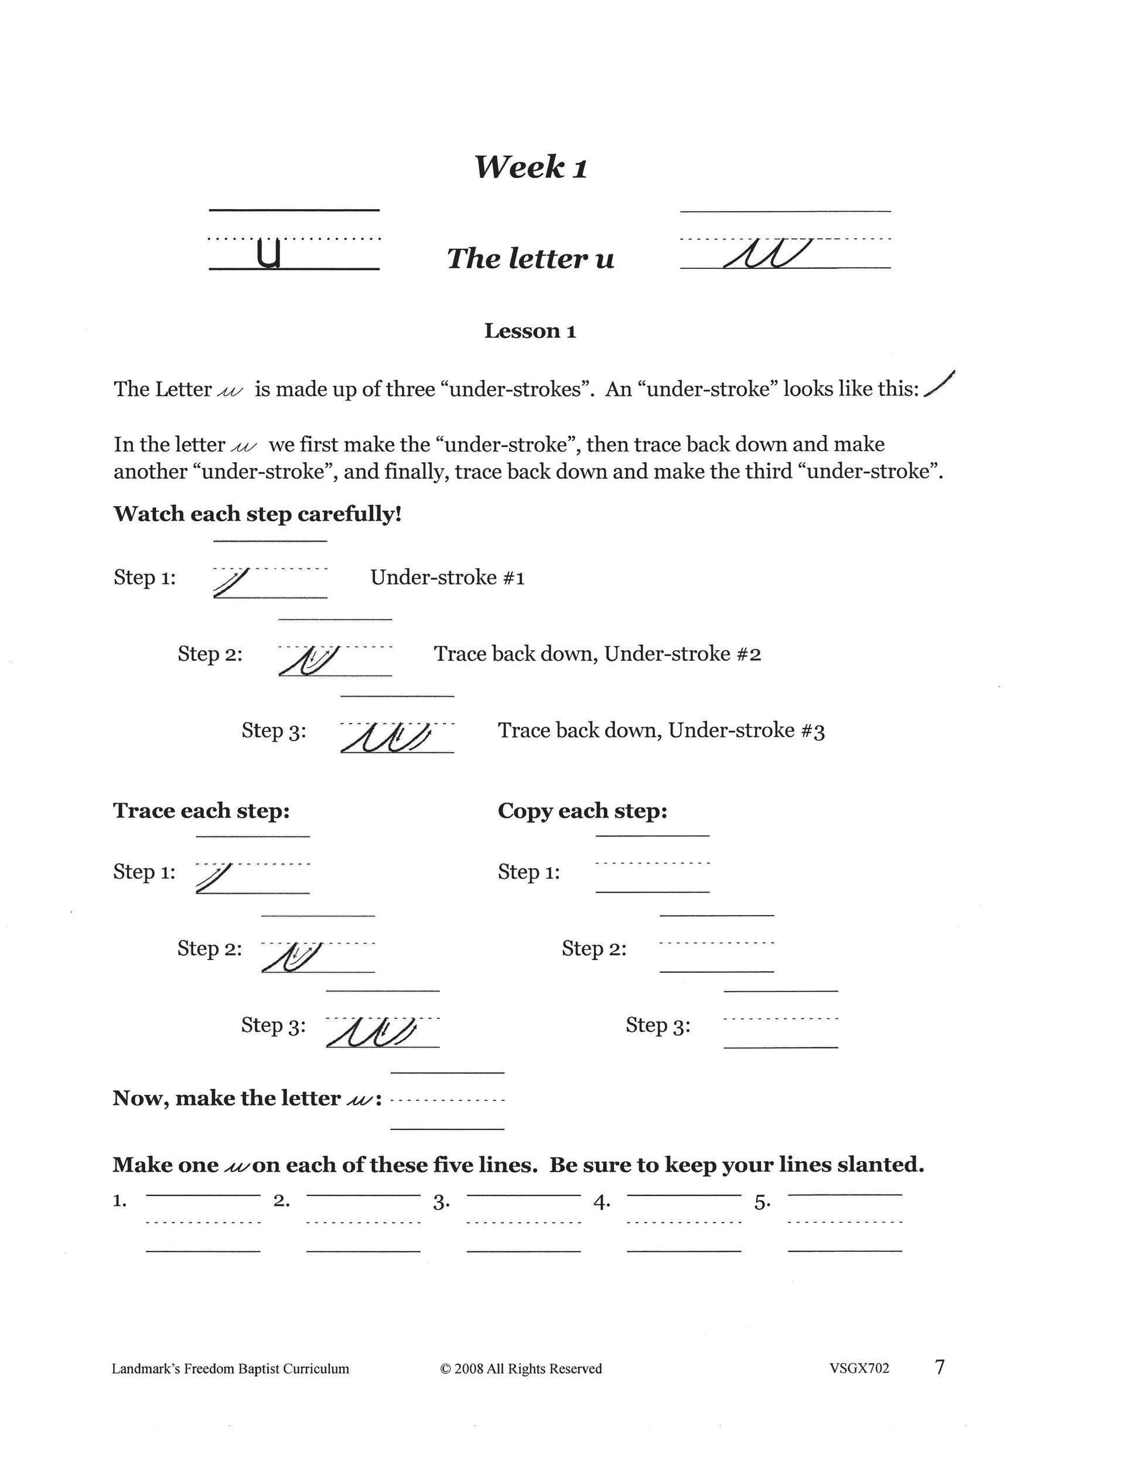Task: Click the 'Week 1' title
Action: (530, 167)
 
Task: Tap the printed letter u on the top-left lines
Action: (269, 253)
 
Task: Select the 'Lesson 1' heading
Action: (530, 331)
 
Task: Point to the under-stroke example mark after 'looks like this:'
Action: (940, 384)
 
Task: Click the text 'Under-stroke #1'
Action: (447, 578)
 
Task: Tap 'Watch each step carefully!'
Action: (257, 514)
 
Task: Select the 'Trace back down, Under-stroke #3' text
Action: (661, 730)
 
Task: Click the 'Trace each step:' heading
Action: (202, 811)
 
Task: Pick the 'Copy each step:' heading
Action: (582, 811)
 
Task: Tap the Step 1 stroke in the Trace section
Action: (214, 878)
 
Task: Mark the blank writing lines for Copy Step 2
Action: (716, 944)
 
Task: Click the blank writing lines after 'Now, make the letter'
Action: (447, 1101)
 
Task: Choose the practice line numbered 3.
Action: (523, 1223)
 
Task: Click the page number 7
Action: (940, 1368)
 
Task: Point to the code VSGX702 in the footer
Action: (859, 1369)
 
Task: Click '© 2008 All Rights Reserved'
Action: (521, 1369)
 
